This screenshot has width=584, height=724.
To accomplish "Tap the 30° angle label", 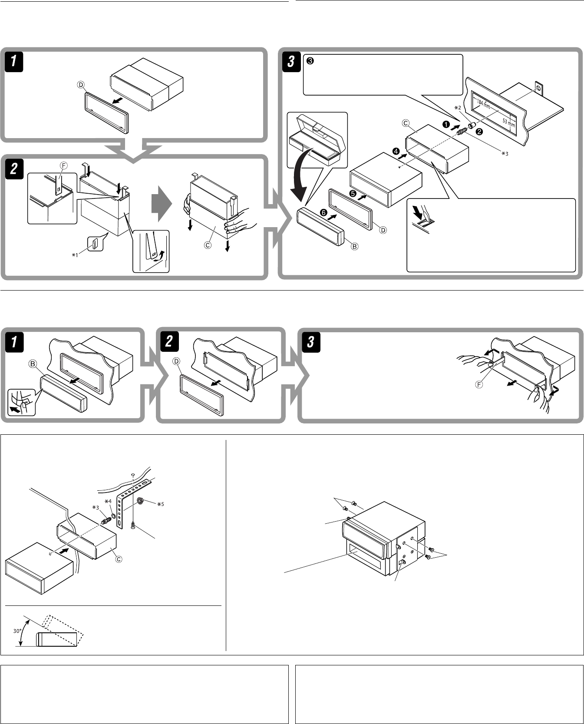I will [x=17, y=631].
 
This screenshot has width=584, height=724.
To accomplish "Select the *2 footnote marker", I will [x=457, y=107].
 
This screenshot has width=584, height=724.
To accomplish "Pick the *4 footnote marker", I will [x=109, y=501].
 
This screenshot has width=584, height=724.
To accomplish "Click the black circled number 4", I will [x=396, y=152].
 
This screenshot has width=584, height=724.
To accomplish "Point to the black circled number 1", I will [x=445, y=124].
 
